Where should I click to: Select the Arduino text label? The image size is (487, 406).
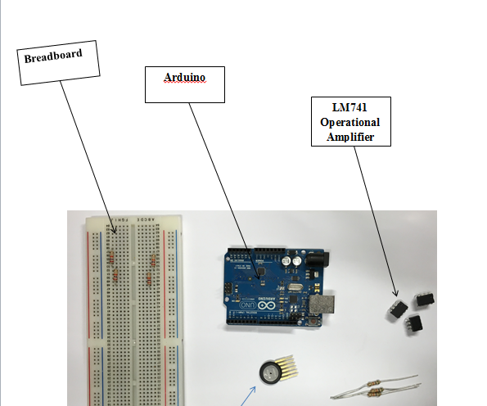pyautogui.click(x=184, y=76)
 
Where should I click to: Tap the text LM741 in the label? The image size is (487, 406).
pyautogui.click(x=351, y=108)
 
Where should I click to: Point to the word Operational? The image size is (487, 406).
pyautogui.click(x=351, y=122)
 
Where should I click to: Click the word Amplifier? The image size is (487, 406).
pyautogui.click(x=351, y=136)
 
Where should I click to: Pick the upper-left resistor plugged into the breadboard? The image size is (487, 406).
pyautogui.click(x=111, y=258)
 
